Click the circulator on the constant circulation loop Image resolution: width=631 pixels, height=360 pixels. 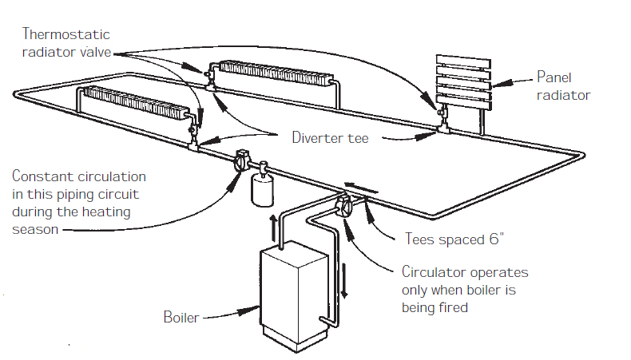(242, 164)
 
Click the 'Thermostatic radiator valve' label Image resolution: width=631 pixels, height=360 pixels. (66, 44)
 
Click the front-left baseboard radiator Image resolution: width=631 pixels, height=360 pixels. (133, 103)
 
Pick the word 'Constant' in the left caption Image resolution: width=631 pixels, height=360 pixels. (38, 176)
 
